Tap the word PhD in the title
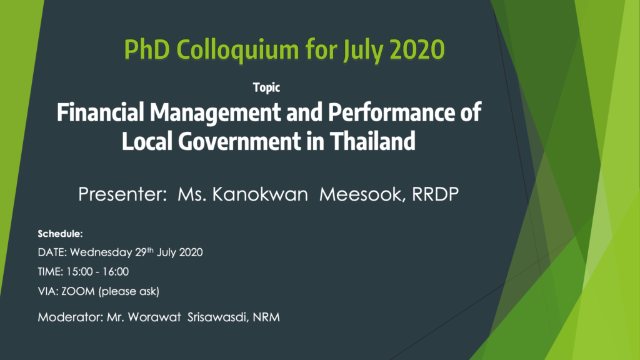pyautogui.click(x=147, y=49)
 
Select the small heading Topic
pyautogui.click(x=266, y=87)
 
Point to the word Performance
pyautogui.click(x=392, y=112)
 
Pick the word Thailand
pyautogui.click(x=372, y=141)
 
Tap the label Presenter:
pyautogui.click(x=122, y=194)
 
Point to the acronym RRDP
pyautogui.click(x=435, y=194)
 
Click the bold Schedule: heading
pyautogui.click(x=61, y=234)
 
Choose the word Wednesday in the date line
pyautogui.click(x=101, y=252)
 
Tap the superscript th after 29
pyautogui.click(x=150, y=249)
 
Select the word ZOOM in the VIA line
pyautogui.click(x=78, y=291)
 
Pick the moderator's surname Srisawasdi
pyautogui.click(x=217, y=317)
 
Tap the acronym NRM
pyautogui.click(x=266, y=317)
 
